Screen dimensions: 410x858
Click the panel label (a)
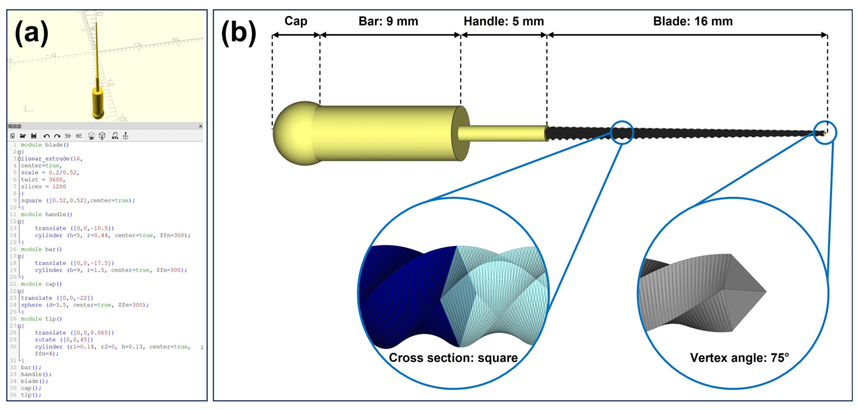(x=32, y=33)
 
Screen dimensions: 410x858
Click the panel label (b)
(x=238, y=33)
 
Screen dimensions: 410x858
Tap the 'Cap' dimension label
(x=296, y=21)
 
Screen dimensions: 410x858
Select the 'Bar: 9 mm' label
(x=388, y=21)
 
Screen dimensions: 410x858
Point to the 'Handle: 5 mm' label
(x=504, y=21)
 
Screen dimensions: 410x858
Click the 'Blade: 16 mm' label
(x=693, y=21)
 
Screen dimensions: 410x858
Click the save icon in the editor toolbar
(x=34, y=136)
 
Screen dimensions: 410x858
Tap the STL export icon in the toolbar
(x=115, y=136)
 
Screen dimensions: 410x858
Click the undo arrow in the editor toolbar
(x=46, y=136)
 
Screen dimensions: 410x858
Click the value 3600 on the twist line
(x=55, y=180)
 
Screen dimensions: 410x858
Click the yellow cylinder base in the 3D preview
(x=98, y=103)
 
